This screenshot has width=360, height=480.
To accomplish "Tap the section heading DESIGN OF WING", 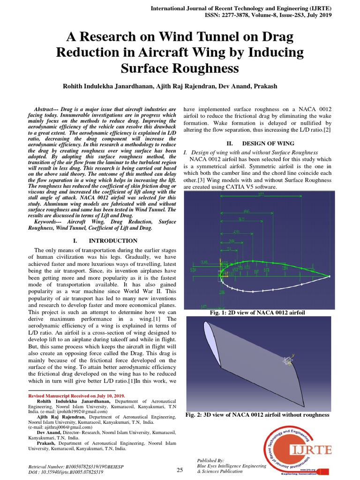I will [268, 143].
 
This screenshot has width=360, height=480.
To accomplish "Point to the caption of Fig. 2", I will [257, 415].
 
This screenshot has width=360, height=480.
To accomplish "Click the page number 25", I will [180, 470].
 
